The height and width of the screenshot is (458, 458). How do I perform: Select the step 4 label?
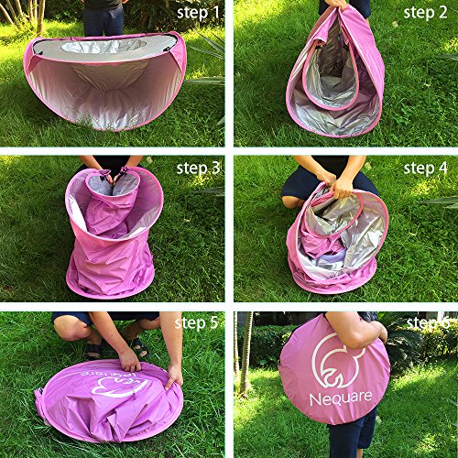tap(426, 169)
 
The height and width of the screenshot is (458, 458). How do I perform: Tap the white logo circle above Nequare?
tap(336, 359)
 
